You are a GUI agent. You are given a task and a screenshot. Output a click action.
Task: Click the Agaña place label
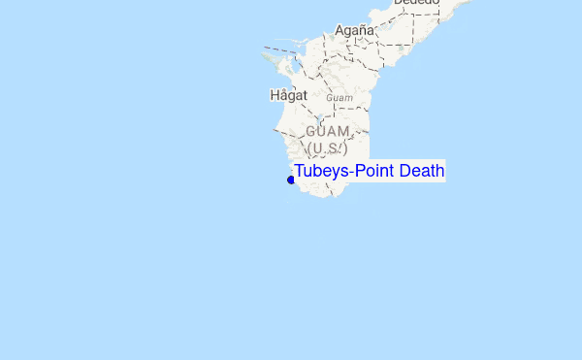pyautogui.click(x=354, y=30)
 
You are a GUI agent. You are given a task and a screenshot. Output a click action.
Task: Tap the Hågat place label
pyautogui.click(x=288, y=95)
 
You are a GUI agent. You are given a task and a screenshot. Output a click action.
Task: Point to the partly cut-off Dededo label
pyautogui.click(x=416, y=3)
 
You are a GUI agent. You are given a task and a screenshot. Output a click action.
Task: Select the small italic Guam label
pyautogui.click(x=339, y=98)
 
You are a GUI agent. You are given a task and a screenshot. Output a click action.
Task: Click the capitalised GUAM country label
pyautogui.click(x=327, y=131)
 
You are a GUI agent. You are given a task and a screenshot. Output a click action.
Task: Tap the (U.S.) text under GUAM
pyautogui.click(x=327, y=148)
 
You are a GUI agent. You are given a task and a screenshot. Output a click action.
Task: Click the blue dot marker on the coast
pyautogui.click(x=291, y=180)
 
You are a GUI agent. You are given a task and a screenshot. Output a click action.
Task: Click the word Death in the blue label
pyautogui.click(x=422, y=172)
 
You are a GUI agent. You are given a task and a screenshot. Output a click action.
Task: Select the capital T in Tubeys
pyautogui.click(x=300, y=172)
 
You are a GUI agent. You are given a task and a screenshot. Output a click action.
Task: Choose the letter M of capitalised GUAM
pyautogui.click(x=343, y=131)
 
